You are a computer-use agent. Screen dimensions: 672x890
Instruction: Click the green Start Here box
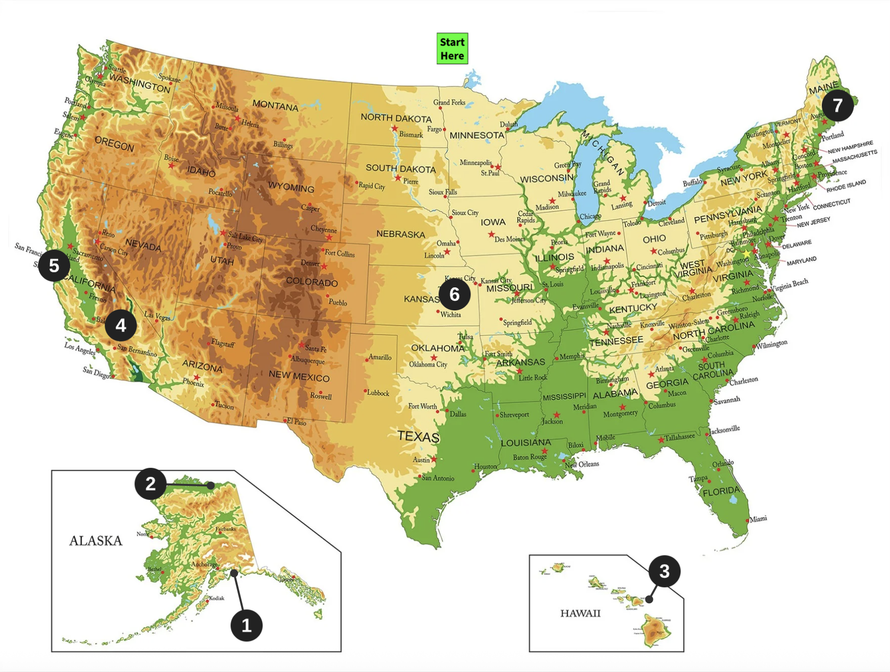point(452,49)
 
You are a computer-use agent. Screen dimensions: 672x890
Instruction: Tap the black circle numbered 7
point(837,105)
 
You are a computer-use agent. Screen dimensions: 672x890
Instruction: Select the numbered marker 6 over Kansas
point(454,294)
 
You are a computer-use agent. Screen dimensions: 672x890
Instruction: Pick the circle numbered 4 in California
point(121,325)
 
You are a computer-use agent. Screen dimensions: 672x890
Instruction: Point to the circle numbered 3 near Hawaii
point(664,571)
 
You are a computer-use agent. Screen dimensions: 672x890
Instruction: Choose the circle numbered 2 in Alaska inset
point(150,483)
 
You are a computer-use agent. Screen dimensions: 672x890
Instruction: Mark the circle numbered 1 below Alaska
point(246,625)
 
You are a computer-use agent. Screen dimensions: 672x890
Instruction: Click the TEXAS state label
point(418,436)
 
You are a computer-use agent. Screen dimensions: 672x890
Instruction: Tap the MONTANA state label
point(275,106)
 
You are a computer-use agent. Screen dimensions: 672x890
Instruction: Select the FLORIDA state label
point(721,491)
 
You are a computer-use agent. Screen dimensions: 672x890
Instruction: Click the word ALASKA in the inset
point(96,541)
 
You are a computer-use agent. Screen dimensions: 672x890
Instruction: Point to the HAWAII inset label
point(580,613)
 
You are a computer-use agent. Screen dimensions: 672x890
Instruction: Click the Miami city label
point(758,519)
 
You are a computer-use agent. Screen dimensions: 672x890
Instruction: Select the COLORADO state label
point(312,282)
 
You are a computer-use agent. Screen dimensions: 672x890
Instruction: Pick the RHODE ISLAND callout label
point(846,186)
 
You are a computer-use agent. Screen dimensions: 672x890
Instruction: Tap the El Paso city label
point(297,422)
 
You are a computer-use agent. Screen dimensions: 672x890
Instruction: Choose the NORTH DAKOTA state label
point(396,118)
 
